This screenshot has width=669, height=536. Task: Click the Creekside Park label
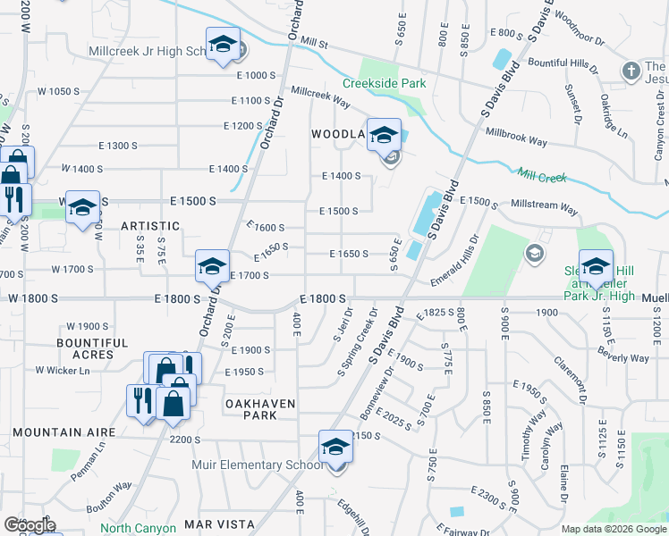(x=384, y=83)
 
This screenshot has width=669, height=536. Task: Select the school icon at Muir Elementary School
(x=335, y=447)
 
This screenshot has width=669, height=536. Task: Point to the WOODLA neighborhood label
(x=338, y=134)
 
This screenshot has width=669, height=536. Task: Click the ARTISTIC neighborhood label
(x=150, y=226)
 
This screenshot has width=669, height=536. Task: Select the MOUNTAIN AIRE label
(x=64, y=432)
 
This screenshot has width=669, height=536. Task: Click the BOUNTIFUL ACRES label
(x=92, y=348)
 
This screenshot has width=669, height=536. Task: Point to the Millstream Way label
(x=544, y=206)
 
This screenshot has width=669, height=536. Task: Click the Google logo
(x=30, y=525)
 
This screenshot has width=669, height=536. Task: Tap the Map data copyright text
(x=613, y=529)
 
